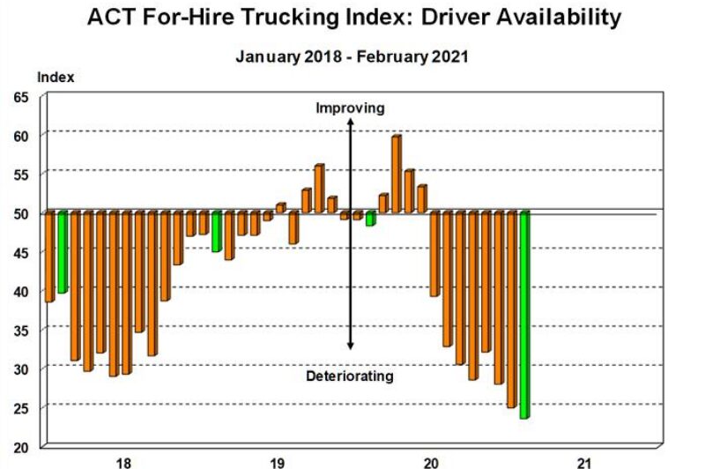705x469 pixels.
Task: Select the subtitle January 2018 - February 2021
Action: point(351,56)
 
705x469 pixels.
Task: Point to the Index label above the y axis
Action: point(56,77)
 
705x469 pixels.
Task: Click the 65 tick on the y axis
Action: point(20,97)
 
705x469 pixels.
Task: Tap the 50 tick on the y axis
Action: point(20,213)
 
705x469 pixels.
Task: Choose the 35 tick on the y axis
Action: point(20,330)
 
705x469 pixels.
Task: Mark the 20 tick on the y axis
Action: point(20,446)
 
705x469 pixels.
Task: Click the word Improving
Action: point(351,108)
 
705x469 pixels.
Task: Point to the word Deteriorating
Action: point(350,376)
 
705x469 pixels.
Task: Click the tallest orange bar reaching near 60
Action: point(396,174)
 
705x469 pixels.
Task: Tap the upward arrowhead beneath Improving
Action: point(351,123)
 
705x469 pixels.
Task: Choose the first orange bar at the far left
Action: point(49,257)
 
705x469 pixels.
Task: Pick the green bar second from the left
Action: point(62,252)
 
